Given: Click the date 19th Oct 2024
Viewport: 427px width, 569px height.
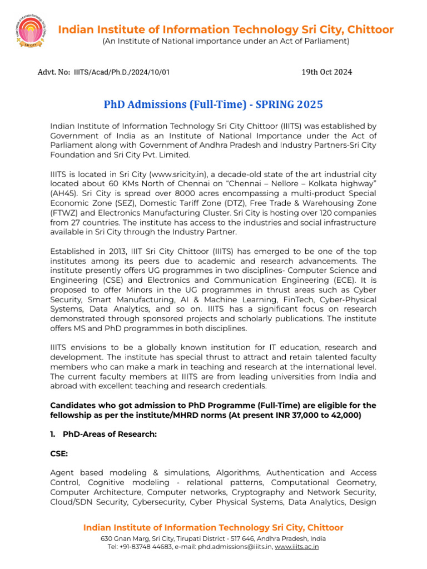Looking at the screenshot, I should tap(326, 72).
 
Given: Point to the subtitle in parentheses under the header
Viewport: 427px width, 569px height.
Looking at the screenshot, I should tap(225, 41).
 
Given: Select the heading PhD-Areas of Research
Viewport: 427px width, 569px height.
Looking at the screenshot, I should tap(110, 434).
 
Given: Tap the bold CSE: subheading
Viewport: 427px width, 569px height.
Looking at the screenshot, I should tap(59, 453).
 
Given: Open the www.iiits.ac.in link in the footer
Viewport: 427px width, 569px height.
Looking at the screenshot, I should tap(297, 546).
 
